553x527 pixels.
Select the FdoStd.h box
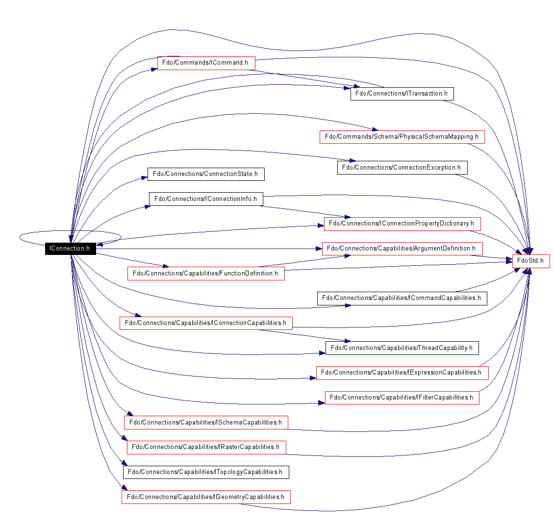pos(531,261)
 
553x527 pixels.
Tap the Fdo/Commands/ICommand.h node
pos(206,63)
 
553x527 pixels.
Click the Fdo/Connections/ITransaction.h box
pos(402,94)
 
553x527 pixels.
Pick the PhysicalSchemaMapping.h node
pos(402,137)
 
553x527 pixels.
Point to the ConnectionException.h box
pos(402,168)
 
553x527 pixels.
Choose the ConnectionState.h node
pos(206,174)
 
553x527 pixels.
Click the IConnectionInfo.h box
pos(206,199)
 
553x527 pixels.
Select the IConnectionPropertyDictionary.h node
pos(402,224)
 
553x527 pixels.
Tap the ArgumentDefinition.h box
pos(402,249)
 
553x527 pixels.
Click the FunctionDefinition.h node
pos(206,274)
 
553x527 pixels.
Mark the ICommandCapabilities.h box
pos(402,299)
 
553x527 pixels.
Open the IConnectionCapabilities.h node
pos(206,324)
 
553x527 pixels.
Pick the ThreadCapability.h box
pos(402,348)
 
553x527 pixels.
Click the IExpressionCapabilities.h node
pos(402,373)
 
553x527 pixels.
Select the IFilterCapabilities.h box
pos(402,398)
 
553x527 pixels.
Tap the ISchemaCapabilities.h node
pos(206,423)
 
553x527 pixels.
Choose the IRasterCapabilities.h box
pos(206,447)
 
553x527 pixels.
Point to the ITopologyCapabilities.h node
pos(206,472)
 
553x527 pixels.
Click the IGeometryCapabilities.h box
pos(206,497)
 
